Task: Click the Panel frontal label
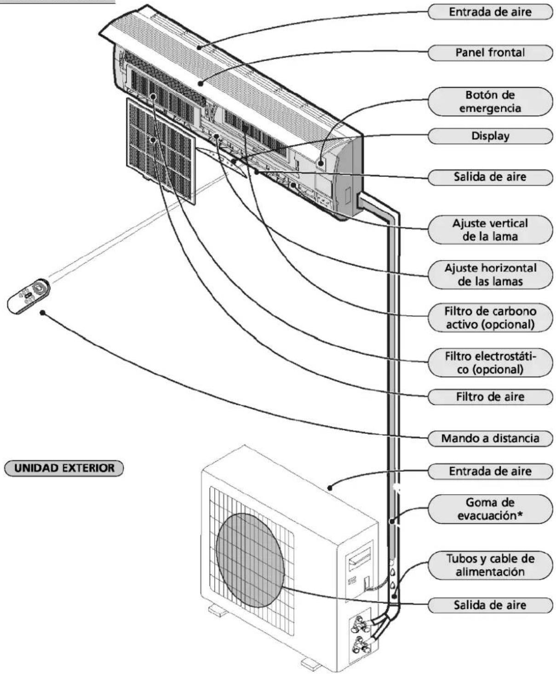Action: tap(490, 53)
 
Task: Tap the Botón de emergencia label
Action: tap(490, 102)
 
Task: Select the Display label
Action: tap(490, 136)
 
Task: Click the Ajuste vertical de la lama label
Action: tap(490, 230)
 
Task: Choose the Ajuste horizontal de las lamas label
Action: tap(490, 274)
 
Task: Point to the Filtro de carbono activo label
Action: tap(490, 317)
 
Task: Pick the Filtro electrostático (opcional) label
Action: tap(490, 362)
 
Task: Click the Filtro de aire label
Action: tap(490, 396)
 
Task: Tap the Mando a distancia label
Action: tap(490, 438)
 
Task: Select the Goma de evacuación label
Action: tap(490, 509)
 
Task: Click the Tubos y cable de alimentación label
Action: tap(490, 565)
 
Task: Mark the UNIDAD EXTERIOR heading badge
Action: tap(64, 468)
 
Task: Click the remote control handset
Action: tap(29, 296)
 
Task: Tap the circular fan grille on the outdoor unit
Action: tap(250, 562)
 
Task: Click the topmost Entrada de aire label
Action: tap(490, 12)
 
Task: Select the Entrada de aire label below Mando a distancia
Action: tap(490, 471)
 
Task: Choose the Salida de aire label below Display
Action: tap(490, 177)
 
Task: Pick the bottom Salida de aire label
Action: tap(490, 605)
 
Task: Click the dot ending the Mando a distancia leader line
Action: tap(42, 312)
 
